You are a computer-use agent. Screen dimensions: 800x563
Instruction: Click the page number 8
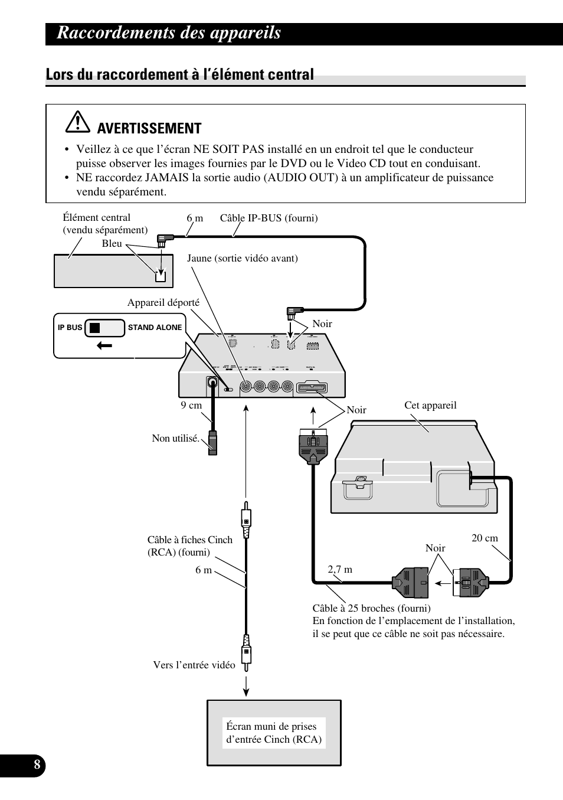point(37,766)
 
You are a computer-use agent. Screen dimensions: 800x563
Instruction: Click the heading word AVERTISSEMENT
point(149,128)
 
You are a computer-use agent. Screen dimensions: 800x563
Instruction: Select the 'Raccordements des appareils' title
point(169,33)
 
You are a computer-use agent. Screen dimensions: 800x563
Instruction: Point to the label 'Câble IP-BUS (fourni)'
point(269,218)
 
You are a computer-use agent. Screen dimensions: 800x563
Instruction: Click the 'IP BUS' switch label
point(70,328)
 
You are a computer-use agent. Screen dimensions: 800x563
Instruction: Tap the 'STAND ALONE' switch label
point(155,328)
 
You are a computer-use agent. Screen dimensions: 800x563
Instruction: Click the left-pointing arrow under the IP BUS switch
point(104,346)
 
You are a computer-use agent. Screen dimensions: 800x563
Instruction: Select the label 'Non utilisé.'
point(175,438)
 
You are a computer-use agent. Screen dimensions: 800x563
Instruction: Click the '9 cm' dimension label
point(191,405)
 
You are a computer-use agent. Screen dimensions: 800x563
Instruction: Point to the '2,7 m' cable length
point(340,569)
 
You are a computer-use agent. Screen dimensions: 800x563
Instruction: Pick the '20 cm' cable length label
point(485,538)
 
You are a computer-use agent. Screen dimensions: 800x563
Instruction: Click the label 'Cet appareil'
point(430,405)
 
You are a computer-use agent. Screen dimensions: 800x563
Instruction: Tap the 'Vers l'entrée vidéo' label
point(194,665)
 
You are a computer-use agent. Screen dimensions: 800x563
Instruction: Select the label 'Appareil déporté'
point(163,303)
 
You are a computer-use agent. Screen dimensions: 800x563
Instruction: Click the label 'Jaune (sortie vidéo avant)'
point(243,258)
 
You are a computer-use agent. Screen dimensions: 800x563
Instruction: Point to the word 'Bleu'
point(112,243)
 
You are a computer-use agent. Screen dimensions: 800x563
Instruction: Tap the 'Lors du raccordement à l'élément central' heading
point(179,74)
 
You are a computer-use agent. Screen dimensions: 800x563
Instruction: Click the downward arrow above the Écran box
point(246,687)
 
